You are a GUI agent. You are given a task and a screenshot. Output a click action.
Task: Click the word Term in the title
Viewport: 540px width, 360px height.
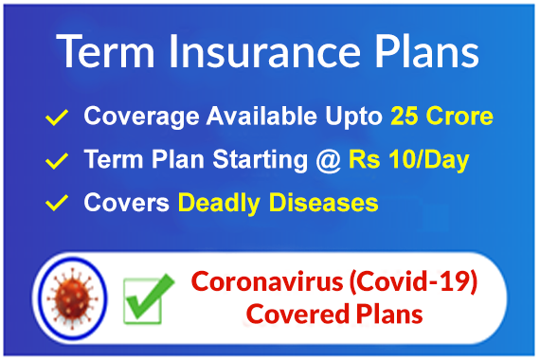[105, 52]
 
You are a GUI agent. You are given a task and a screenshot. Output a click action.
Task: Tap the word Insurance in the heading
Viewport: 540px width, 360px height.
[264, 52]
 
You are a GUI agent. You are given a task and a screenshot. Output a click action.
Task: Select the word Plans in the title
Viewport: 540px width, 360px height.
[427, 52]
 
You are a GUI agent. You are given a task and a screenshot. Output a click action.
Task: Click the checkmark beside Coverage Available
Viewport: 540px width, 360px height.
[57, 117]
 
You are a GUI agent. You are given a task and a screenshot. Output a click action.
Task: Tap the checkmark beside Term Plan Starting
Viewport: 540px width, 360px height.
[57, 161]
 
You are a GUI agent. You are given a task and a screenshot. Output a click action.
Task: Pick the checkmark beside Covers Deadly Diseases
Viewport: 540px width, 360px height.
[57, 203]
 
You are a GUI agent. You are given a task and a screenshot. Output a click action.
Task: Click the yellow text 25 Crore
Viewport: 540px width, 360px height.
[441, 116]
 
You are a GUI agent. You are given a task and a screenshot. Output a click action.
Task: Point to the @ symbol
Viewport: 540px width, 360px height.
[328, 161]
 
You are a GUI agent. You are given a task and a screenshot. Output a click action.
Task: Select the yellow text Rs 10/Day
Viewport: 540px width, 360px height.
[409, 160]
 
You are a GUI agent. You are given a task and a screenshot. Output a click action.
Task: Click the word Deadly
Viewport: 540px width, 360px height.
[219, 203]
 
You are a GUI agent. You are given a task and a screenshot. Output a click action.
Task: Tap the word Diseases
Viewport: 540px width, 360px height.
[323, 203]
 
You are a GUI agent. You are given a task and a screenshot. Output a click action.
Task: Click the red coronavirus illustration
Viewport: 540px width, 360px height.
[72, 298]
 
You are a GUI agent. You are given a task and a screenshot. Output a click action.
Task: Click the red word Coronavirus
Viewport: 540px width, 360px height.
[267, 281]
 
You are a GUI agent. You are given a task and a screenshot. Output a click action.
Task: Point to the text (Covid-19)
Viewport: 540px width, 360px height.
[413, 282]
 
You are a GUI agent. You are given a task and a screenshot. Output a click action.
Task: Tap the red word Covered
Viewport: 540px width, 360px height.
[297, 315]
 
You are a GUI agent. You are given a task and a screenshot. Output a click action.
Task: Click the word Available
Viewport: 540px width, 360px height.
[261, 116]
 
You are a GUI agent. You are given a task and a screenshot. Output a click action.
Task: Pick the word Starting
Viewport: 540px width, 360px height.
[260, 160]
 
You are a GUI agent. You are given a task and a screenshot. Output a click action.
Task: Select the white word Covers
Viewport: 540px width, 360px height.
[126, 203]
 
